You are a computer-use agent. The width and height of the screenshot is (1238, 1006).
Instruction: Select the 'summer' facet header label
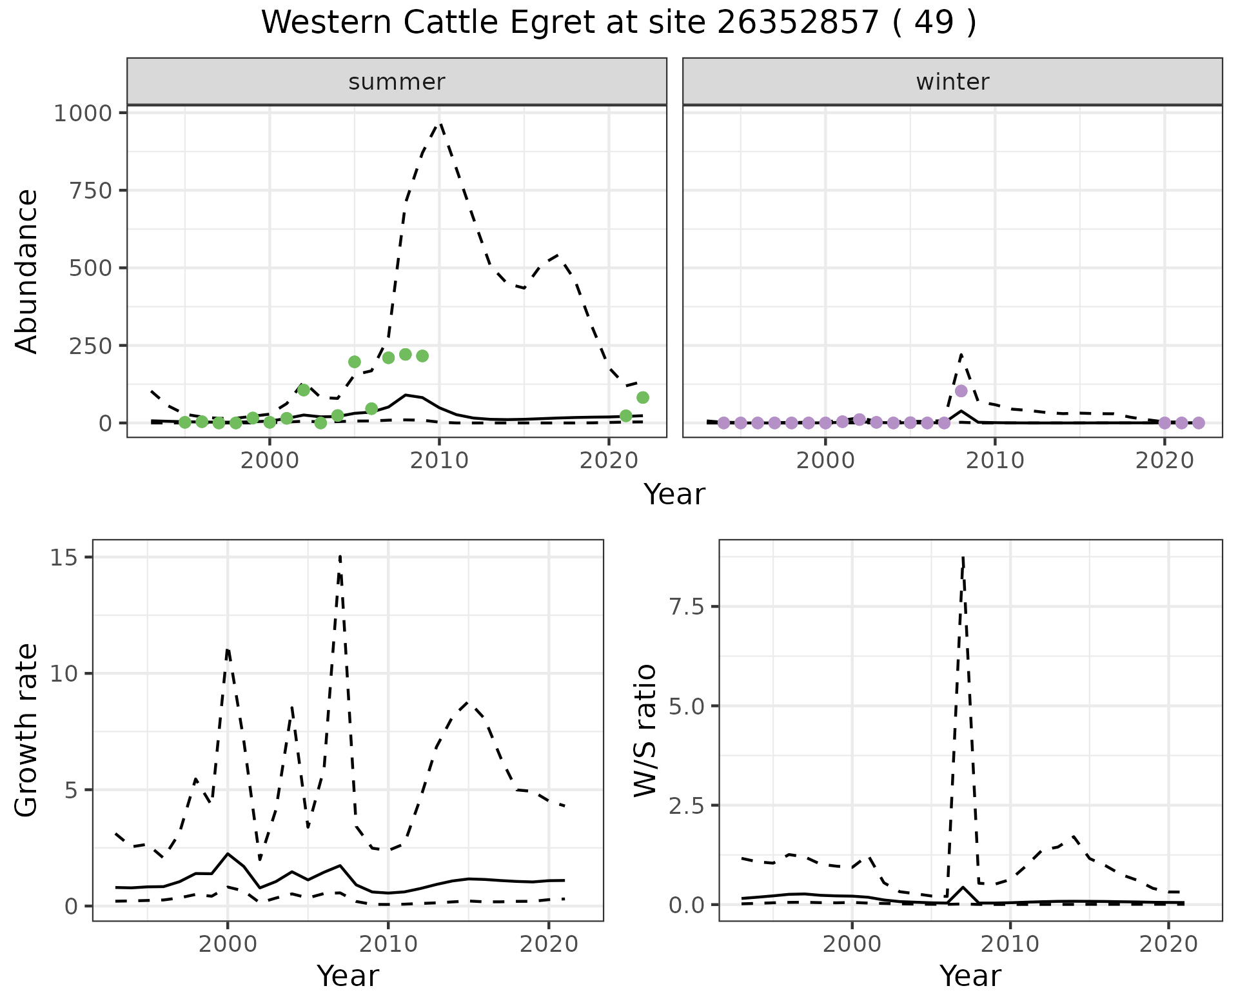coord(397,82)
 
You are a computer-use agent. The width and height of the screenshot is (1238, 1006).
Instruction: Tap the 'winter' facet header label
coord(952,82)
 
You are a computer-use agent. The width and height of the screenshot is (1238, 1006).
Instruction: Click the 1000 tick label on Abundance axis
coord(83,114)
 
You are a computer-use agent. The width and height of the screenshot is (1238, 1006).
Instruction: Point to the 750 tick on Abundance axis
coord(90,192)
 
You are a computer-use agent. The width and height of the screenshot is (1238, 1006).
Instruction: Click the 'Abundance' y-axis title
coord(27,271)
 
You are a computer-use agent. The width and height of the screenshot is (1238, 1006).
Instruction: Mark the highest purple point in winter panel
coord(961,391)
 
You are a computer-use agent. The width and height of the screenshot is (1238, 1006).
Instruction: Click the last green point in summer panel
coord(642,397)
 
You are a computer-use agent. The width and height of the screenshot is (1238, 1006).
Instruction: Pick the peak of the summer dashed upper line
coord(440,124)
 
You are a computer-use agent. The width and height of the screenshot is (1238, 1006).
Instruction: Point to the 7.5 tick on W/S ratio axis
coord(687,607)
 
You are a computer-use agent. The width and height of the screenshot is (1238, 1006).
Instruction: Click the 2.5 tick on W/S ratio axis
coord(687,805)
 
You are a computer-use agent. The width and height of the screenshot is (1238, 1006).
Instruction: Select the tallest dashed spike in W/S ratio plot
coord(963,558)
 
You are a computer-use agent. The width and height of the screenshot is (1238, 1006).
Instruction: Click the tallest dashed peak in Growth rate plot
coord(340,556)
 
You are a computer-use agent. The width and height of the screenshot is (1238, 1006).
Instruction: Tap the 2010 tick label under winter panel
coord(994,461)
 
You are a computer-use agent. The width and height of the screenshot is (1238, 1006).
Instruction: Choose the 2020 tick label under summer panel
coord(609,461)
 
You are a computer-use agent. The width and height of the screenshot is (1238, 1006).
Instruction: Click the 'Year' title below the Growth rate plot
coord(348,976)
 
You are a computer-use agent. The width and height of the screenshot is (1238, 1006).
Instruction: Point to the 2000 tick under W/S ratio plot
coord(852,945)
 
